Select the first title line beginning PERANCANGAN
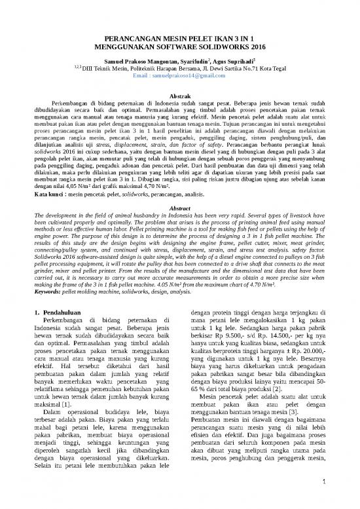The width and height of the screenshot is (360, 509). (x=180, y=39)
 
